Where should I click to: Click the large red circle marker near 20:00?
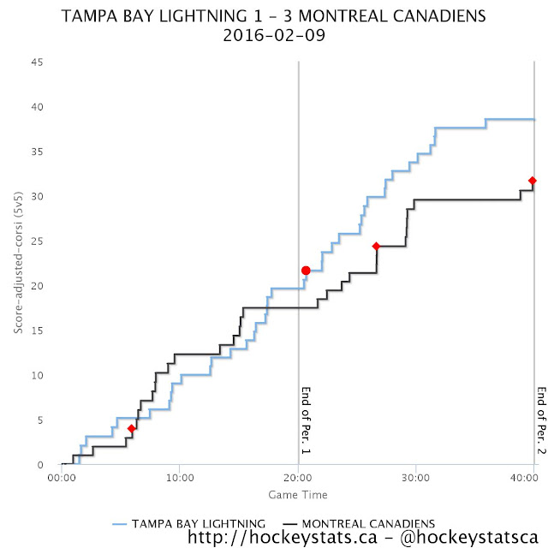[x=306, y=271]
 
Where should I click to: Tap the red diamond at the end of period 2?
[x=533, y=181]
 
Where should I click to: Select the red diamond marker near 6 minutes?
[x=131, y=428]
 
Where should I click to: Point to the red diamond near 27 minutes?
[x=376, y=247]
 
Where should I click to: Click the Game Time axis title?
[x=298, y=495]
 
